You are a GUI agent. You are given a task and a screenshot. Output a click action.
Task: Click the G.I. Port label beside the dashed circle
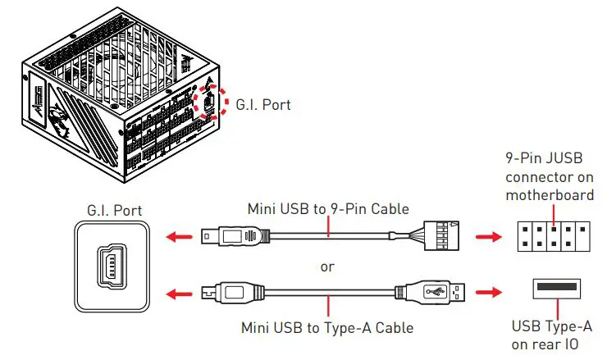click(x=262, y=105)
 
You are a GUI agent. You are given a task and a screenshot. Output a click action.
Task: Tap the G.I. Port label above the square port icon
click(x=114, y=211)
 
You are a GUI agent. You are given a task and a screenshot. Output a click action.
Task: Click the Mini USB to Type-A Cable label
click(x=326, y=327)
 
